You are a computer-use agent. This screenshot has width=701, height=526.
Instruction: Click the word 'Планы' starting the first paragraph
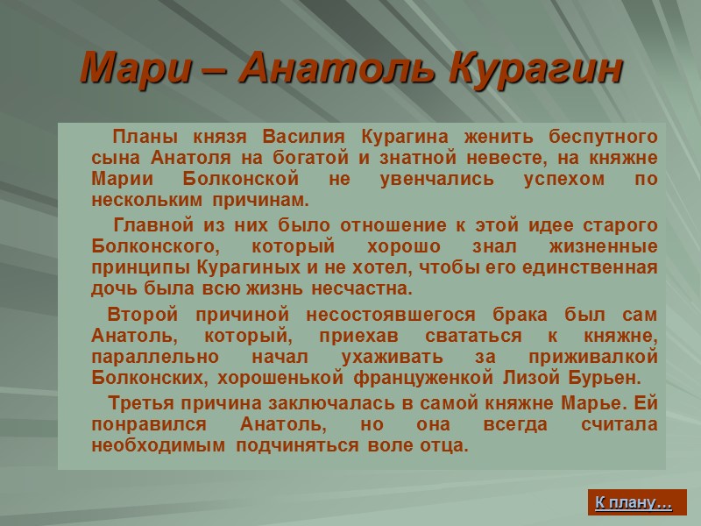[140, 138]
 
